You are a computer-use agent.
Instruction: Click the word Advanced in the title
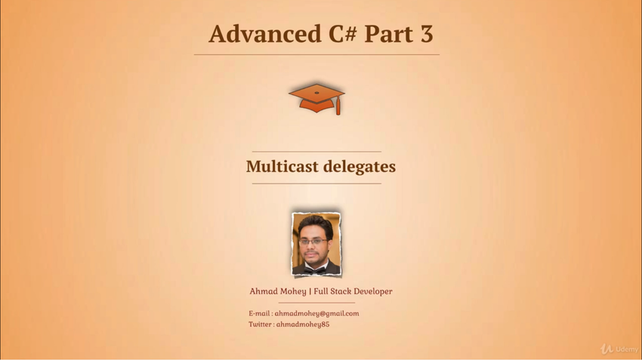click(265, 33)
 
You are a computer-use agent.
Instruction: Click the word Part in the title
click(388, 34)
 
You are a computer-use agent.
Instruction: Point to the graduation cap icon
click(316, 99)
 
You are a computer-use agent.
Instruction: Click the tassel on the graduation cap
click(338, 107)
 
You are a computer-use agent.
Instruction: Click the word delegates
click(360, 167)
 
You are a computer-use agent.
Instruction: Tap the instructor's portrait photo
click(316, 244)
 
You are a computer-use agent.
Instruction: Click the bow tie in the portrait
click(314, 270)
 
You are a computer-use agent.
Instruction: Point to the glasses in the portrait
click(313, 242)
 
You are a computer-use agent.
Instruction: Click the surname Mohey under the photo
click(293, 291)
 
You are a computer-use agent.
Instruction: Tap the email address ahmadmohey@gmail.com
click(317, 314)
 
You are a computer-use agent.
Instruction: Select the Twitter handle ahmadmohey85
click(303, 325)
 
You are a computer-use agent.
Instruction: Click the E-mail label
click(259, 313)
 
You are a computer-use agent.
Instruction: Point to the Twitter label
click(260, 324)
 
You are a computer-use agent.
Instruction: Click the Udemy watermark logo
click(619, 349)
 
